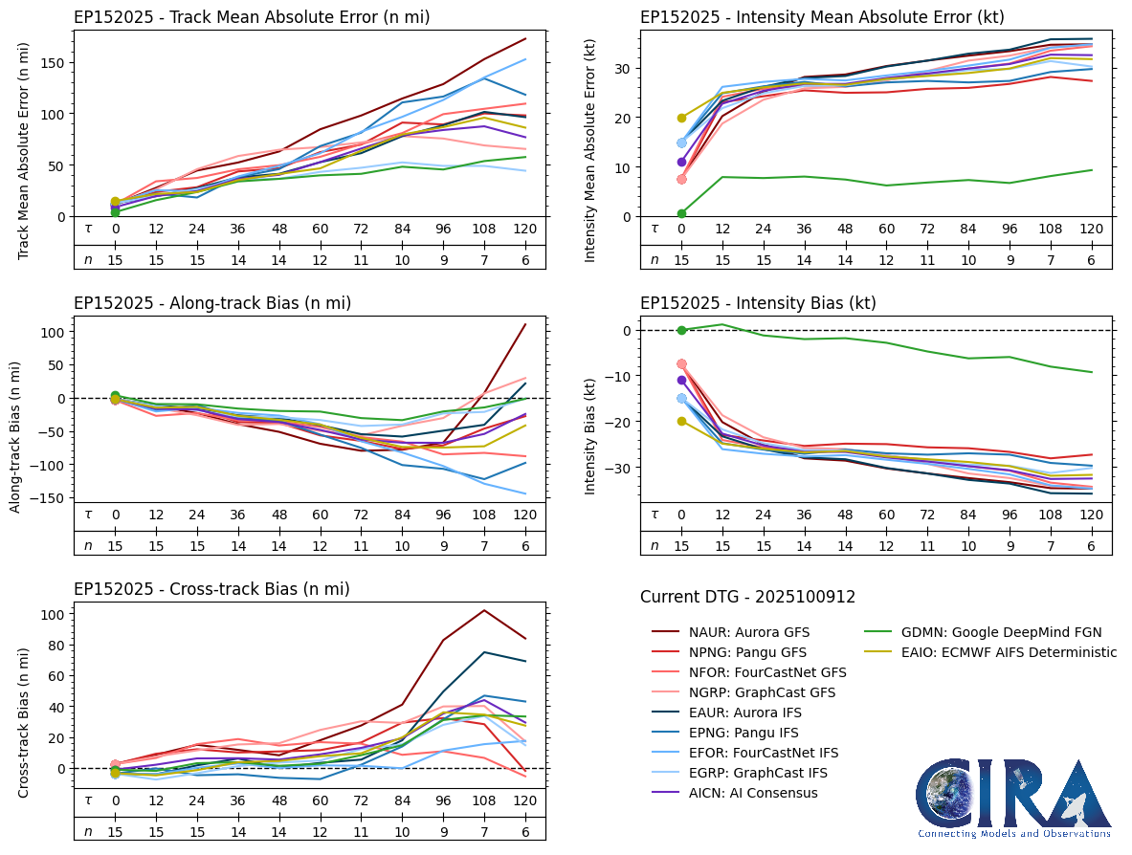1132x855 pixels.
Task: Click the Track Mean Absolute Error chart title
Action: click(x=252, y=17)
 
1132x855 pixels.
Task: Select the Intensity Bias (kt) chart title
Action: click(x=758, y=303)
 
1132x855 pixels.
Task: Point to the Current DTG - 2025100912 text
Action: click(x=747, y=598)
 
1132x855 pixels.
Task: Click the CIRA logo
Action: click(x=1013, y=799)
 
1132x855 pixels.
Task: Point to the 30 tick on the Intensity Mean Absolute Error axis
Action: click(x=624, y=68)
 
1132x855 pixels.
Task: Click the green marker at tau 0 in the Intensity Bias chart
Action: click(x=681, y=330)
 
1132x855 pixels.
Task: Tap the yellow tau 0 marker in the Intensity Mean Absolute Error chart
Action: click(x=681, y=118)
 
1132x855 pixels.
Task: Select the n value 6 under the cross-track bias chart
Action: click(x=525, y=832)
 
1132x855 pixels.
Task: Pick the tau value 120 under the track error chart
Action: click(x=525, y=230)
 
